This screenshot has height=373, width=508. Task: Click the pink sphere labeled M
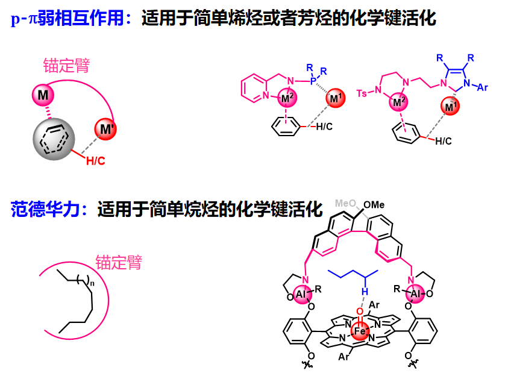click(43, 94)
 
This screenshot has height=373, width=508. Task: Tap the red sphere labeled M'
click(106, 129)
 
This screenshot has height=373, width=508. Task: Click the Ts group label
click(362, 93)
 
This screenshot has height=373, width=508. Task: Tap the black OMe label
click(375, 205)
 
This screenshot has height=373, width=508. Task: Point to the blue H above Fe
click(364, 290)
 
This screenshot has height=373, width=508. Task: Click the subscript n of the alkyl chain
click(90, 281)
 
